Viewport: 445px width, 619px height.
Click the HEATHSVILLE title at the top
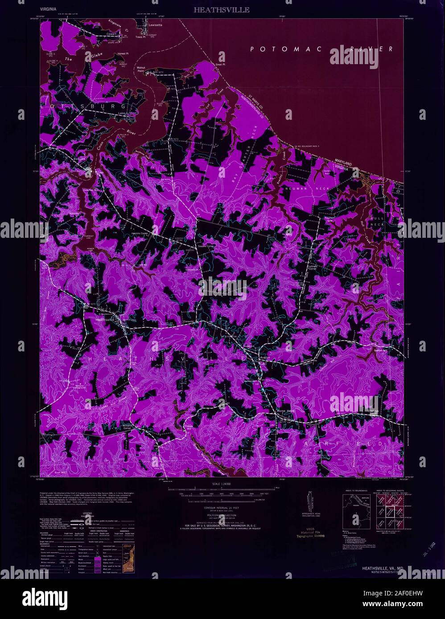[x=221, y=9]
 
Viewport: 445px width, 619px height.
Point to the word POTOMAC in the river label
[x=285, y=49]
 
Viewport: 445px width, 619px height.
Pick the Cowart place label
[x=111, y=34]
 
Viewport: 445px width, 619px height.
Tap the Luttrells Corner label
[x=313, y=269]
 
